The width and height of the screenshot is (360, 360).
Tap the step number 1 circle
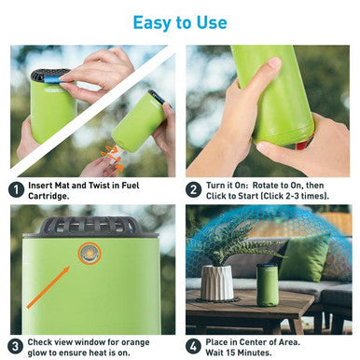[16, 189]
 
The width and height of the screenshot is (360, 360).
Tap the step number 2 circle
[193, 189]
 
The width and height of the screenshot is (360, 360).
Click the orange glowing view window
[90, 252]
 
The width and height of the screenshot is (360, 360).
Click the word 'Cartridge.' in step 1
[54, 197]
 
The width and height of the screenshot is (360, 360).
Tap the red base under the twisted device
[300, 144]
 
